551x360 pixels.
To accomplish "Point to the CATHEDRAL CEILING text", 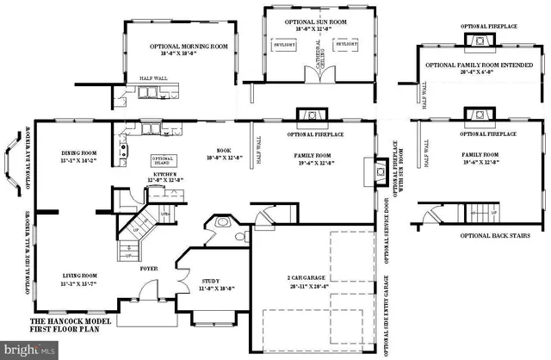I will (315, 55).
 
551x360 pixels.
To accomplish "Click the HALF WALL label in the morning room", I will (152, 78).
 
